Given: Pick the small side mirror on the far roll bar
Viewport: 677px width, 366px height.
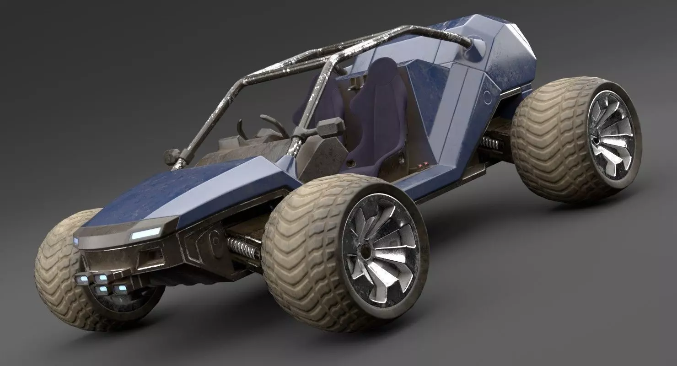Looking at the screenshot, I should point(172,156).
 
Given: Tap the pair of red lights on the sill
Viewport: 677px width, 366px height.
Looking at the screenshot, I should point(423,162).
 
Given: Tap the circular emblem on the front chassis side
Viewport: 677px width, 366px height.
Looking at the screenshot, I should point(214,238).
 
